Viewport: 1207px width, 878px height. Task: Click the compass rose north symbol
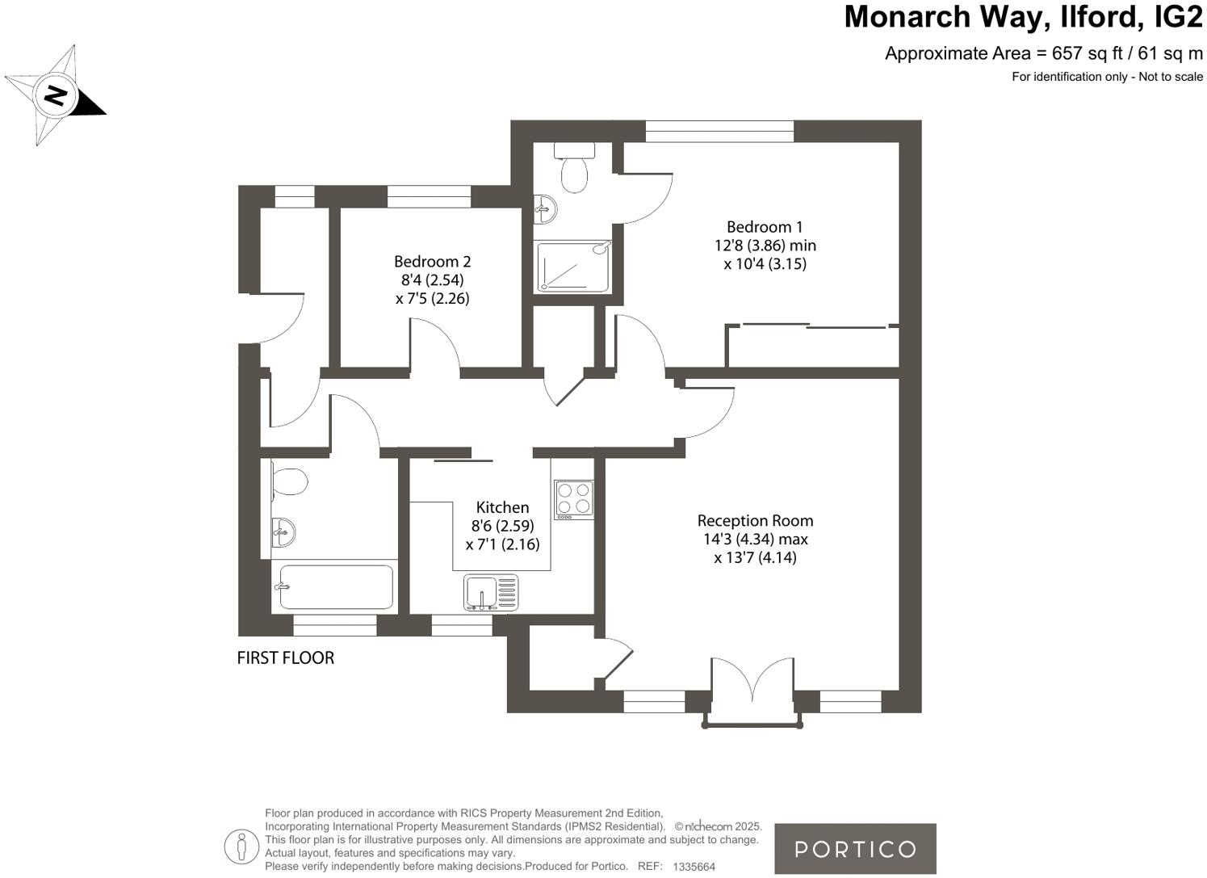55,95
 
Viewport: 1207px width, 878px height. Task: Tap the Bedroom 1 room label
764,227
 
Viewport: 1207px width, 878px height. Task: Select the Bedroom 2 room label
432,262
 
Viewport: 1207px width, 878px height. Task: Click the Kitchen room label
502,507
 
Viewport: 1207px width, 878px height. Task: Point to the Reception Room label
755,521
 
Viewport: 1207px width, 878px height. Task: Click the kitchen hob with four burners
573,498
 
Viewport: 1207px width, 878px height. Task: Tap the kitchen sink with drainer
490,592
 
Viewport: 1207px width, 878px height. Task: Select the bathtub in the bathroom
335,586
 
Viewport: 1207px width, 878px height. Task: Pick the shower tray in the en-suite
574,265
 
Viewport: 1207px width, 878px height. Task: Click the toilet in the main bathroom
288,481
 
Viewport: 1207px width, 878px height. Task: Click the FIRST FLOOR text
285,657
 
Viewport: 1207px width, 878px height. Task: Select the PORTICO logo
855,849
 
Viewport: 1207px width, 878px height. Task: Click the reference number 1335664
694,867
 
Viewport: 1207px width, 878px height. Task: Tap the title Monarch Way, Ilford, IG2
1023,17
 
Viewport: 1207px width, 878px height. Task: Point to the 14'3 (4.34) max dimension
755,539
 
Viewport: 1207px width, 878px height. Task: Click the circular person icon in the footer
241,846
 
